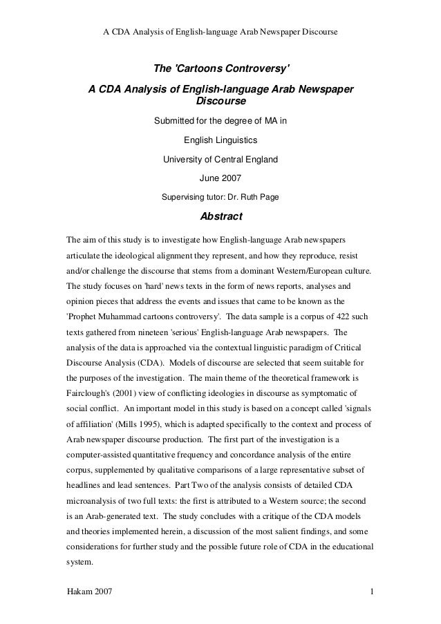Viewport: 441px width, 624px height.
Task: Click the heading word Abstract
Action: click(x=220, y=217)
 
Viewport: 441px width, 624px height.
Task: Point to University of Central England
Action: click(x=220, y=159)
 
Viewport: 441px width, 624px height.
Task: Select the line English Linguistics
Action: click(x=220, y=140)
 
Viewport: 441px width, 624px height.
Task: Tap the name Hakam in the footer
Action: click(x=77, y=592)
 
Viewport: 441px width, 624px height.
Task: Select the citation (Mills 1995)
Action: click(x=137, y=422)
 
